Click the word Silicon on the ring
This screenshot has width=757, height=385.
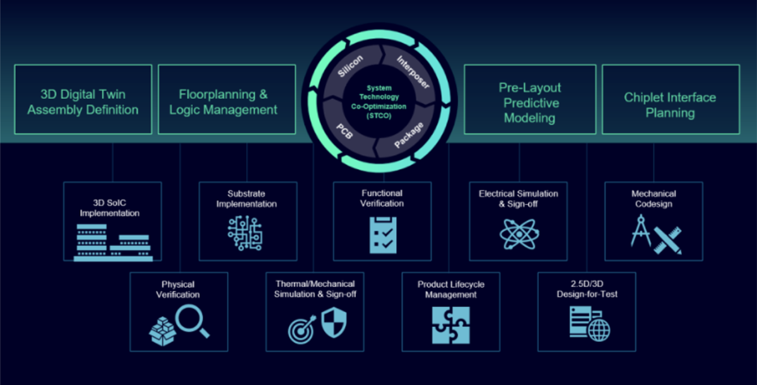tap(351, 66)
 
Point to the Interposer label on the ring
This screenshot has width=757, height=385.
tap(413, 71)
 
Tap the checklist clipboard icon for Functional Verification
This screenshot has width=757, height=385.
tap(382, 235)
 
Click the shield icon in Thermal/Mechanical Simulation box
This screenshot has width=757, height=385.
tap(333, 324)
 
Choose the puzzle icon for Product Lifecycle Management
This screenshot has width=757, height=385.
tap(450, 325)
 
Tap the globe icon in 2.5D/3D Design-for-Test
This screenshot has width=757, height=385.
tap(599, 329)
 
